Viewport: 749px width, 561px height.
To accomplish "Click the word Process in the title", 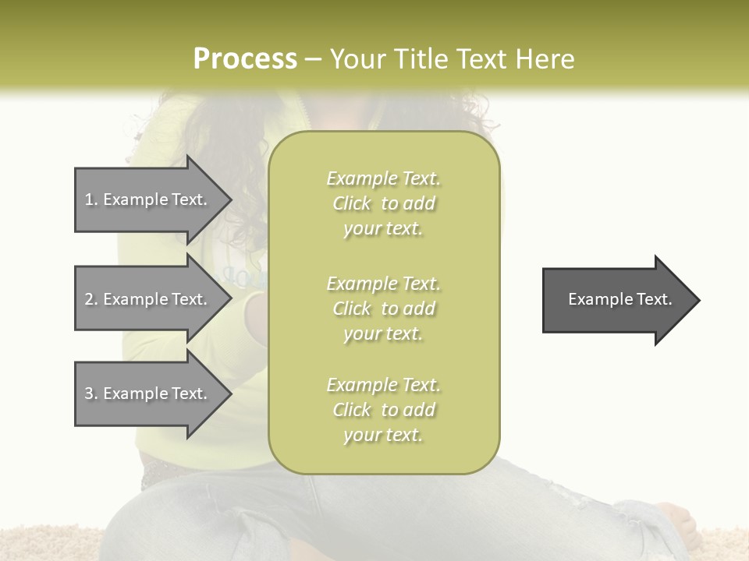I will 245,59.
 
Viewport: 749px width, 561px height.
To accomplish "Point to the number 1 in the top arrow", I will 89,199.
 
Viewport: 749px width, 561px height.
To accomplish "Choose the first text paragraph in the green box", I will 383,203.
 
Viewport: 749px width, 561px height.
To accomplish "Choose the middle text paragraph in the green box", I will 383,309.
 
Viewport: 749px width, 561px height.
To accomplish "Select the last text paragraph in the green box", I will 383,410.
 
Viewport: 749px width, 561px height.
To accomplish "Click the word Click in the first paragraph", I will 351,203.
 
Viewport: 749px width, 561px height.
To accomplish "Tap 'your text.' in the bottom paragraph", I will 383,435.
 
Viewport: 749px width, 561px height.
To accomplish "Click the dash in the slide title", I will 313,60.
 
